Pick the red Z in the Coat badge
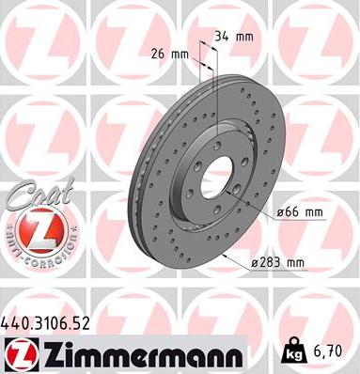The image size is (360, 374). pyautogui.click(x=39, y=228)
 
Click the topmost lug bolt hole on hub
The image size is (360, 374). pyautogui.click(x=213, y=132)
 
